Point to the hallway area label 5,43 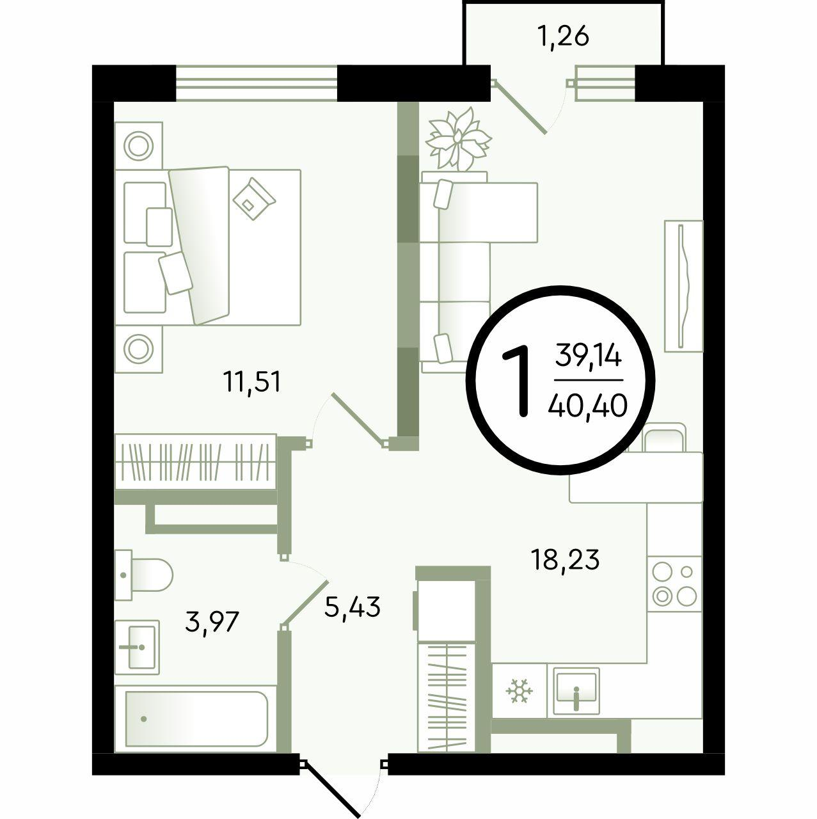352,607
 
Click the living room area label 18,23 566,559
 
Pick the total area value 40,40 588,406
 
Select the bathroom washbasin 137,647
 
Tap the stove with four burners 674,584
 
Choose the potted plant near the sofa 458,139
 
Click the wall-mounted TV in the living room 683,286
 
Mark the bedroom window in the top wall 257,83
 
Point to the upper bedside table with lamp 139,146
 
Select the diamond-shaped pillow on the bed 254,198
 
